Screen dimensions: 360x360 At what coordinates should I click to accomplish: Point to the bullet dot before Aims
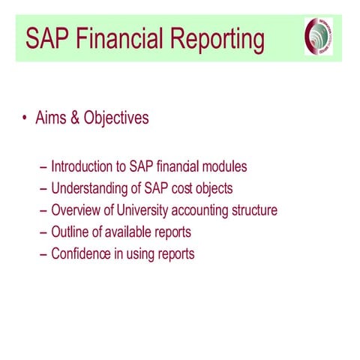(x=25, y=118)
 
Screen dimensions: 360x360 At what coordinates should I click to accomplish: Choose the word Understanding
(x=92, y=188)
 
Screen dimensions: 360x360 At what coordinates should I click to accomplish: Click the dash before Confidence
(x=43, y=253)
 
